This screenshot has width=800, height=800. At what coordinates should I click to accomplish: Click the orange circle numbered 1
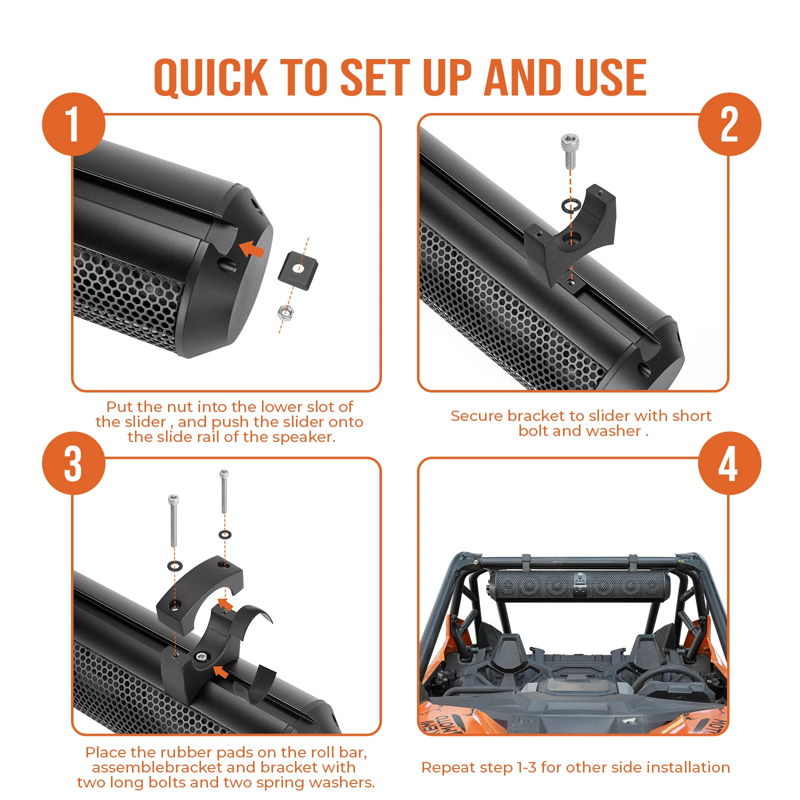[x=73, y=124]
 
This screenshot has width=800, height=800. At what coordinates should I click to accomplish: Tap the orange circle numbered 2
[x=729, y=124]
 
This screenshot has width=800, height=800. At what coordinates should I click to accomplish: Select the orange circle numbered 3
[x=73, y=463]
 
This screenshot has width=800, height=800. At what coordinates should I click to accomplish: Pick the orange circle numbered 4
[x=729, y=463]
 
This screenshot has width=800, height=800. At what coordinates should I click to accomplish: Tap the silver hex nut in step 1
[x=285, y=312]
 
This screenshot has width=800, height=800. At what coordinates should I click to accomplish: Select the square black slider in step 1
[x=298, y=270]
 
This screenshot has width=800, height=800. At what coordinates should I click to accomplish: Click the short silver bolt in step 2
[x=570, y=150]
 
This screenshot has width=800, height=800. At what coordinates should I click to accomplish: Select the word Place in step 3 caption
[x=105, y=752]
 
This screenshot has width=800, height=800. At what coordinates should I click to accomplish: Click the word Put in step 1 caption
[x=119, y=406]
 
